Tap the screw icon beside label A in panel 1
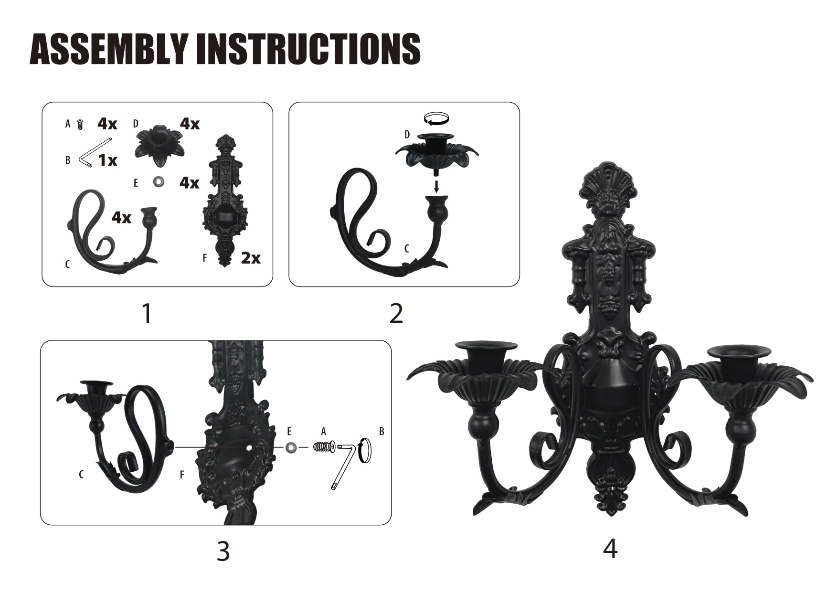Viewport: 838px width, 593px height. click(80, 125)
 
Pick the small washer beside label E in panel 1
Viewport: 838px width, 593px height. click(157, 182)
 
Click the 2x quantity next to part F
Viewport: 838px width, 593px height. click(251, 258)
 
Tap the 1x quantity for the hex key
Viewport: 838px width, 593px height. click(108, 160)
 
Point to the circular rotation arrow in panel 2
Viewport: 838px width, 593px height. click(437, 118)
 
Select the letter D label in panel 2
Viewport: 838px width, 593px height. click(407, 135)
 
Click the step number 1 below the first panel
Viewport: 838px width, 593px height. click(147, 314)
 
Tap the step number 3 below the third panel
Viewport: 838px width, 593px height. click(223, 551)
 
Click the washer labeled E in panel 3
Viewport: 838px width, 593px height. click(290, 447)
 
